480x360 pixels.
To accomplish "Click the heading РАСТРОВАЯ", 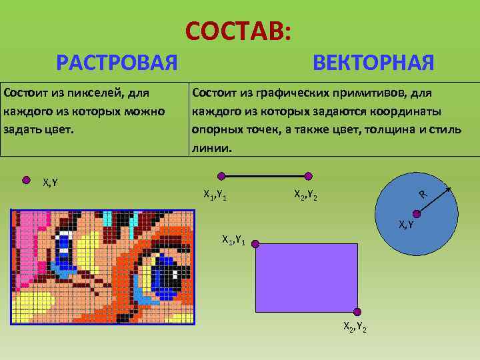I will point(117,63).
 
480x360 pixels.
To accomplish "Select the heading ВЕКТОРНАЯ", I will point(373,63).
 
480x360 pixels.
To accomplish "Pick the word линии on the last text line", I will point(211,147).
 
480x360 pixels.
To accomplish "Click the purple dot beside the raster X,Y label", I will point(27,179).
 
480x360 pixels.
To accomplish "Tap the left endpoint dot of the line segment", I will point(221,177).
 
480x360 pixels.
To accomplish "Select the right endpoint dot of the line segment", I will point(308,177).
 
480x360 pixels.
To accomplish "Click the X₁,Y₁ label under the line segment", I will point(217,195).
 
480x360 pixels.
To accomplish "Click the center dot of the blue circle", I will point(417,213).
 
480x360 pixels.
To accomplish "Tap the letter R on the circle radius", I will point(423,194).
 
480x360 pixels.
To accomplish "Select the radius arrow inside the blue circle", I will point(434,201).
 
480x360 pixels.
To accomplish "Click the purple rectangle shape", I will point(307,277).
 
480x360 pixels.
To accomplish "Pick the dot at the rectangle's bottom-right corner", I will point(357,311).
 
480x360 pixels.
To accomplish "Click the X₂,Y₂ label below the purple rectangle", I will point(354,327).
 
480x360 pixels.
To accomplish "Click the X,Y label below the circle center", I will point(407,225).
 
